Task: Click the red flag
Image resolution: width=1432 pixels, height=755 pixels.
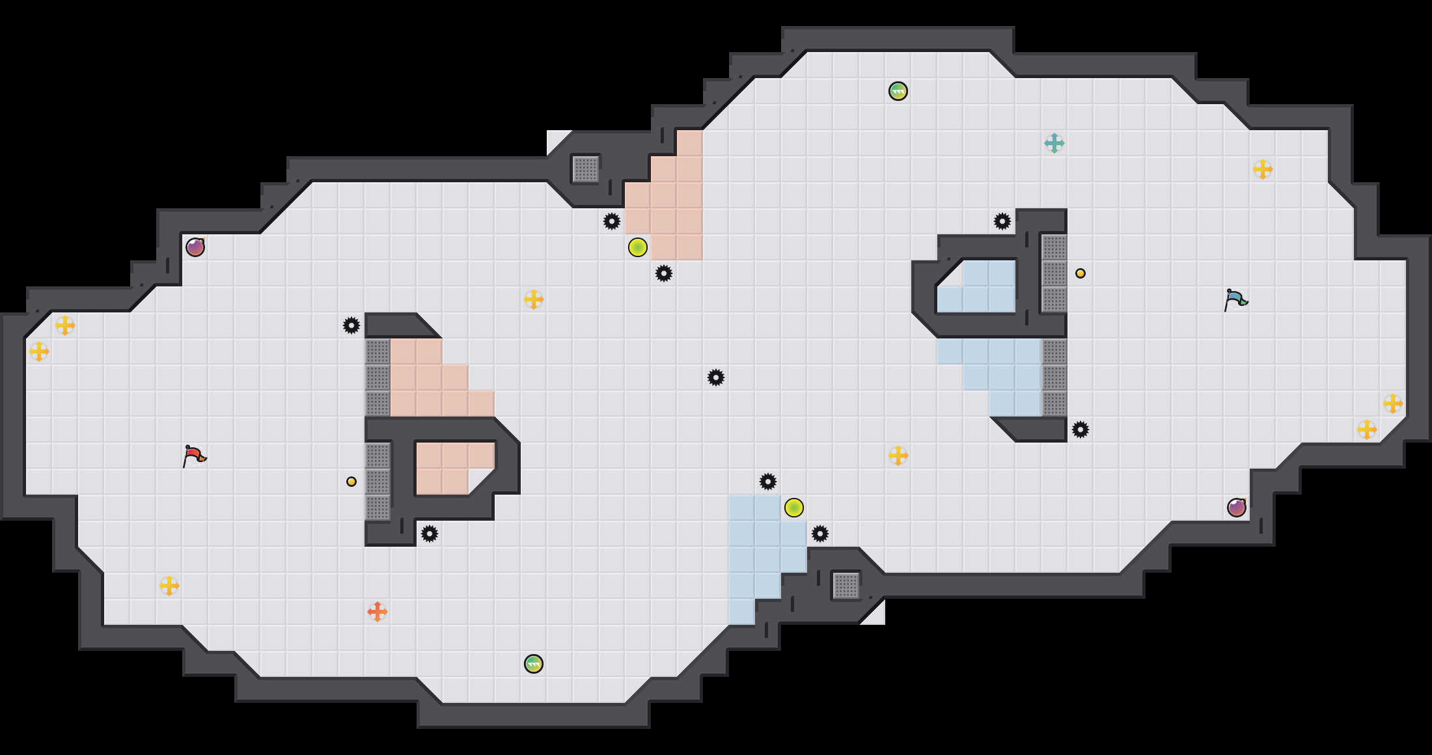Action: tap(194, 456)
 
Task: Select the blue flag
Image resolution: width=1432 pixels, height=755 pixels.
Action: tap(1235, 300)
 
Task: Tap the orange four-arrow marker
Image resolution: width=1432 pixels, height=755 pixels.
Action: tap(378, 612)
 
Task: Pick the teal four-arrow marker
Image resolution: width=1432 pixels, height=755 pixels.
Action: tap(1054, 143)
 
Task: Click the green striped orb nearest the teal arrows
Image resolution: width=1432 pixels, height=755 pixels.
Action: tap(898, 91)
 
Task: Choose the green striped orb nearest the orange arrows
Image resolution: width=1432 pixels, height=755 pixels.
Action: tap(534, 664)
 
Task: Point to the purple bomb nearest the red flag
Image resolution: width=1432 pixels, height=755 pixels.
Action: tap(195, 247)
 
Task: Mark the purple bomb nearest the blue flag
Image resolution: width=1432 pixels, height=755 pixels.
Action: tap(1237, 508)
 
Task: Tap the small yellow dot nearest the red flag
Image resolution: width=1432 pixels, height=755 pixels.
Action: tap(351, 482)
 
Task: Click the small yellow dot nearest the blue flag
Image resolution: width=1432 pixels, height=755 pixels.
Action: tap(1081, 273)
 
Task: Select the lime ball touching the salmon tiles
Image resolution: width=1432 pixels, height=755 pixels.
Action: tap(638, 247)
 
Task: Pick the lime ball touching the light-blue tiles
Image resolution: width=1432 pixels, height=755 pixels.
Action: tap(794, 508)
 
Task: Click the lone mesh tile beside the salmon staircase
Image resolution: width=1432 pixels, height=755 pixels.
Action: tap(586, 169)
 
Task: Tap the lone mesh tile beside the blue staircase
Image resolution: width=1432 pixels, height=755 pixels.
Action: tap(846, 586)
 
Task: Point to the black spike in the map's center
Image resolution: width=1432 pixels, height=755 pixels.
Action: tap(716, 377)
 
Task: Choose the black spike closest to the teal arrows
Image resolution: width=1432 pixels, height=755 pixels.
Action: tap(1002, 221)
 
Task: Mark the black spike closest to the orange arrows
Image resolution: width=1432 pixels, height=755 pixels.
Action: tap(430, 534)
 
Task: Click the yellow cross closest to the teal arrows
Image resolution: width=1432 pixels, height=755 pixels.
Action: tap(1263, 169)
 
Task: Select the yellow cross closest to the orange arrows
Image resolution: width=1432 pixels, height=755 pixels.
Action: tap(169, 586)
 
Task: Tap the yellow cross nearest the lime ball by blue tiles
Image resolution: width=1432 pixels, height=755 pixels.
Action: tap(898, 456)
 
